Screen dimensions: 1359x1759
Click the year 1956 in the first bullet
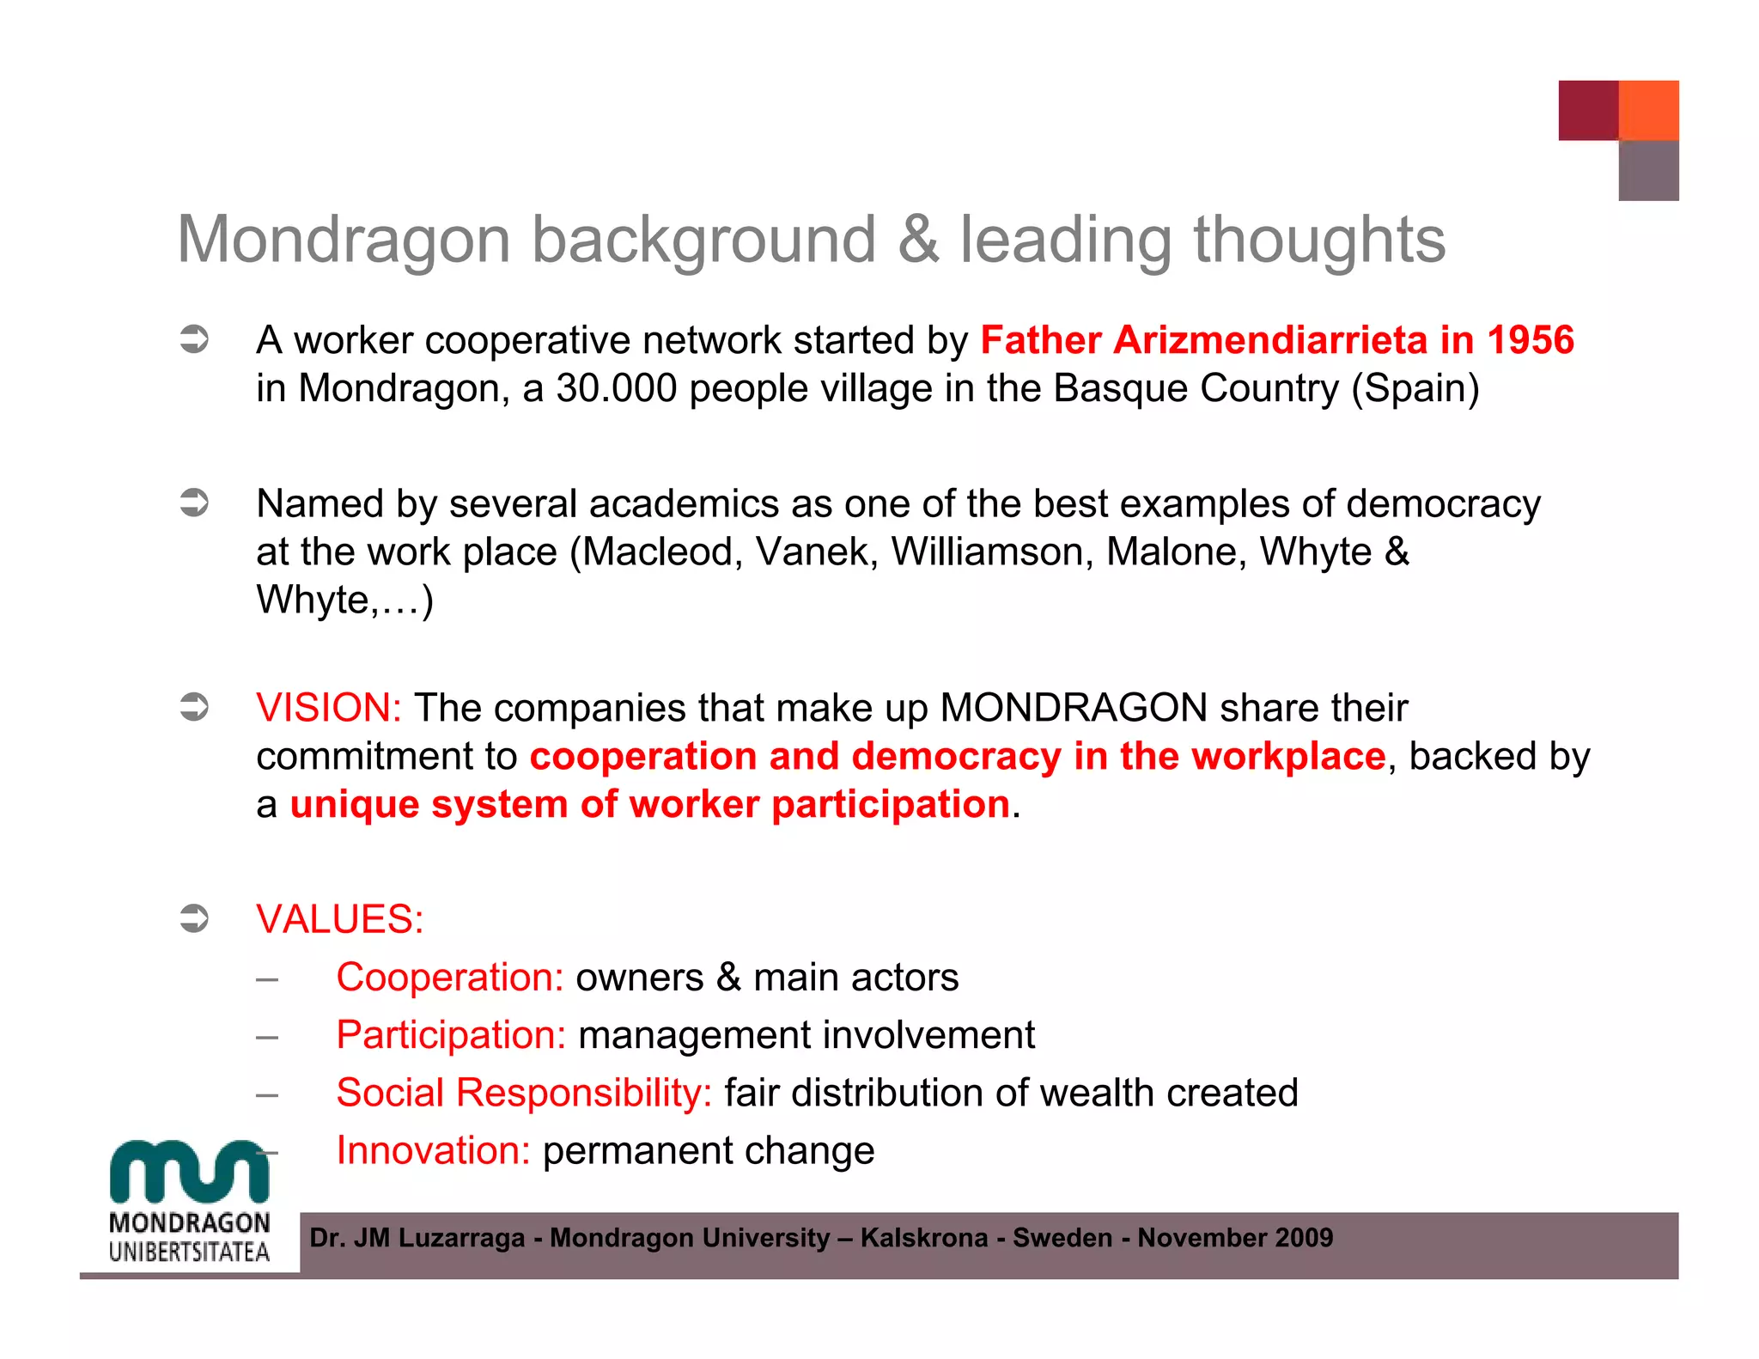pos(1531,340)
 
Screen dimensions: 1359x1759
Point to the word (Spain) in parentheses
pos(1415,389)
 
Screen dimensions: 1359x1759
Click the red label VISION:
pos(329,708)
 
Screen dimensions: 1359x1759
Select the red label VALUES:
pos(340,919)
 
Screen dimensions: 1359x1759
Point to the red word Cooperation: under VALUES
pos(449,978)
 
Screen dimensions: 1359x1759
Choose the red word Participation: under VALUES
pos(451,1035)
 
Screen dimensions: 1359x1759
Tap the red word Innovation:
pos(434,1151)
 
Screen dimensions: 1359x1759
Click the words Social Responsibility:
pos(524,1094)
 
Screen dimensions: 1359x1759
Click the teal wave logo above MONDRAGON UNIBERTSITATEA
pos(189,1170)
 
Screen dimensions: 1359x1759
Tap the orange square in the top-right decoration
pos(1648,110)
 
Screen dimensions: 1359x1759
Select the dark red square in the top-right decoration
pos(1588,110)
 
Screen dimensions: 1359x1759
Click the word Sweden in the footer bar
pos(1062,1238)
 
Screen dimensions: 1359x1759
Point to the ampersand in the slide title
pos(918,240)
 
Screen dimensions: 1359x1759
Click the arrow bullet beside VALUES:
pos(194,918)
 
